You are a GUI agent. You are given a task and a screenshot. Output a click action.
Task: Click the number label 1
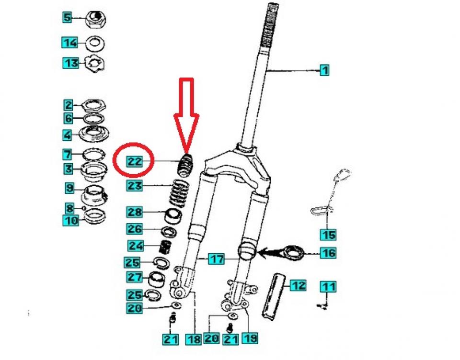pos(324,71)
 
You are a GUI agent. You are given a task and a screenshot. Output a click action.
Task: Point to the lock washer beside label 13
pos(94,63)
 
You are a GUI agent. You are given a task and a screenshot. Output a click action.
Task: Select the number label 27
pos(135,277)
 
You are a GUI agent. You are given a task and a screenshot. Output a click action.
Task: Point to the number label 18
pos(194,339)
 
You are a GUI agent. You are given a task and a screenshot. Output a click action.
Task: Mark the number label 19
pos(249,338)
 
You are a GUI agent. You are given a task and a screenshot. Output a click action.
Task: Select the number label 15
pos(328,235)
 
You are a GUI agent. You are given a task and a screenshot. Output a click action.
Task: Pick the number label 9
pos(69,188)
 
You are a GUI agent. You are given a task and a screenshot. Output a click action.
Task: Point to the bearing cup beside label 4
pos(94,134)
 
